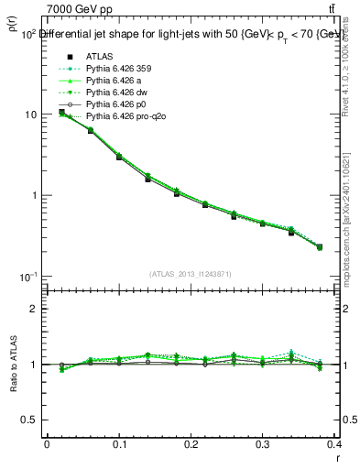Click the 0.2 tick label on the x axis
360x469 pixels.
pyautogui.click(x=191, y=444)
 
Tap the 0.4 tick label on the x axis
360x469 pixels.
pyautogui.click(x=335, y=444)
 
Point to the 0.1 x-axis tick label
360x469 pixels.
pyautogui.click(x=119, y=444)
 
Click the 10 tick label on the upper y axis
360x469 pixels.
pyautogui.click(x=30, y=115)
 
